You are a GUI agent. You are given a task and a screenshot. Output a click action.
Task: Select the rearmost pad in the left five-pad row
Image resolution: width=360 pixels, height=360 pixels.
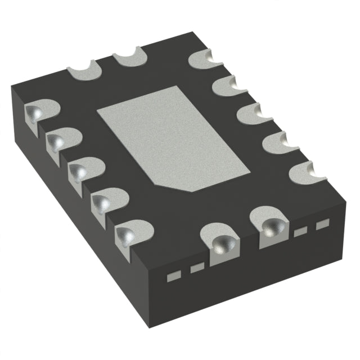(38, 112)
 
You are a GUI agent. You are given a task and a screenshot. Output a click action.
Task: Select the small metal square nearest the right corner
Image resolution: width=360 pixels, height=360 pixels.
(321, 225)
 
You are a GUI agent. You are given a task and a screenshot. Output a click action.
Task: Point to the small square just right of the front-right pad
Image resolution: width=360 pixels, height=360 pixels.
(301, 231)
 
